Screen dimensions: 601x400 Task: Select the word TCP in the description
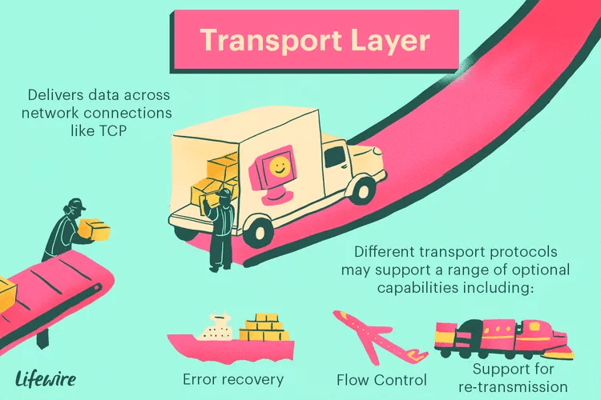tap(112, 131)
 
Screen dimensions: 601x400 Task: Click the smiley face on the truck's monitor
tap(279, 166)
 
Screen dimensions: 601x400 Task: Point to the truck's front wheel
tap(363, 190)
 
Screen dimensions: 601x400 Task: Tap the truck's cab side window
tap(336, 157)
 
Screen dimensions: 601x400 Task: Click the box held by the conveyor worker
tap(95, 230)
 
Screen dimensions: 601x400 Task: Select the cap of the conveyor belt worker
tap(75, 204)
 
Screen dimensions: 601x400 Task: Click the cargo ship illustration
tap(231, 336)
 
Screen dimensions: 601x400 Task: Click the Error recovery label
tap(233, 379)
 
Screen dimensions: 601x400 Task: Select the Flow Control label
tap(381, 380)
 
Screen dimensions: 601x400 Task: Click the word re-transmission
tap(513, 386)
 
